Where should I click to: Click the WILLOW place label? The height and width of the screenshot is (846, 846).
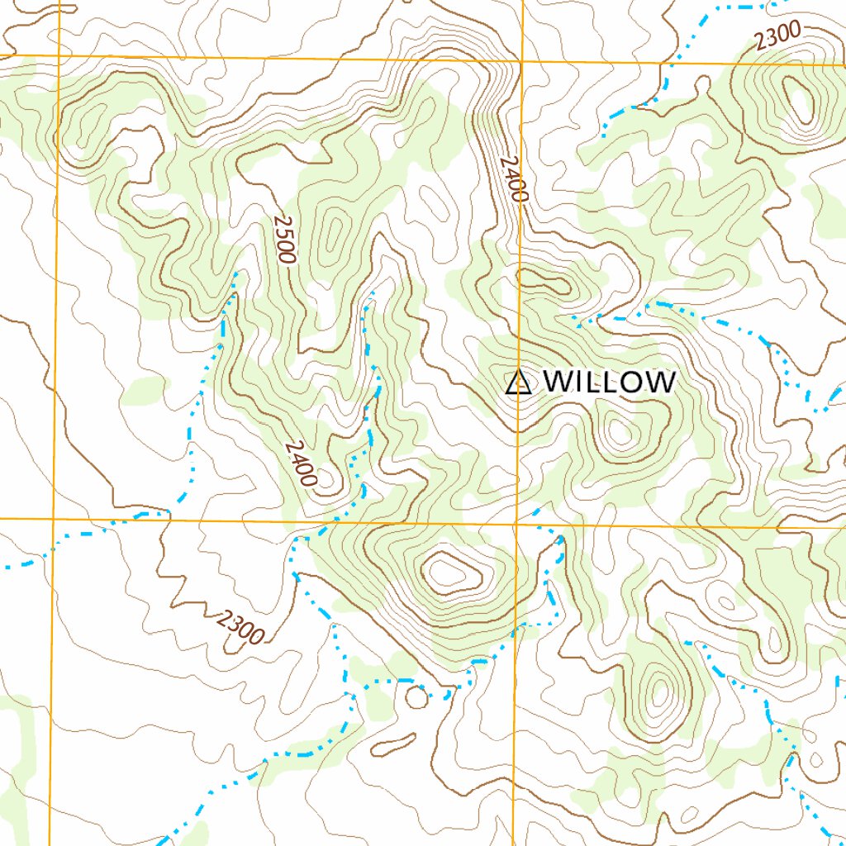tap(610, 382)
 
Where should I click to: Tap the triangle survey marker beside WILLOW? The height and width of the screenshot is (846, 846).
tap(517, 383)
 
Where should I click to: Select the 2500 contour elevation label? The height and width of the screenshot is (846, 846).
tap(283, 240)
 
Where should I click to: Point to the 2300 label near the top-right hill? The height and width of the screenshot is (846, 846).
tap(777, 34)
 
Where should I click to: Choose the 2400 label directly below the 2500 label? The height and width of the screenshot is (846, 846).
tap(302, 463)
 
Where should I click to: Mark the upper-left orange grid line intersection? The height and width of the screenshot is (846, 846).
tap(59, 56)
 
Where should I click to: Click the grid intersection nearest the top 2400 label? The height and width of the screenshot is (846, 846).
tap(522, 60)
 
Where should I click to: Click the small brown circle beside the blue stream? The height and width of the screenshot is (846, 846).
tap(417, 697)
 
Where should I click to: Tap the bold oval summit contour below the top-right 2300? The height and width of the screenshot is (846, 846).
tap(798, 98)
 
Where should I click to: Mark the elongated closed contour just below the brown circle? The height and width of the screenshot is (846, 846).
tap(393, 744)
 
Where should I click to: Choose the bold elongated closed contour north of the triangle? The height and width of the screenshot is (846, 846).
tap(543, 283)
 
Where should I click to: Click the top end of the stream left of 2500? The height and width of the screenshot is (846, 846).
tap(237, 273)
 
